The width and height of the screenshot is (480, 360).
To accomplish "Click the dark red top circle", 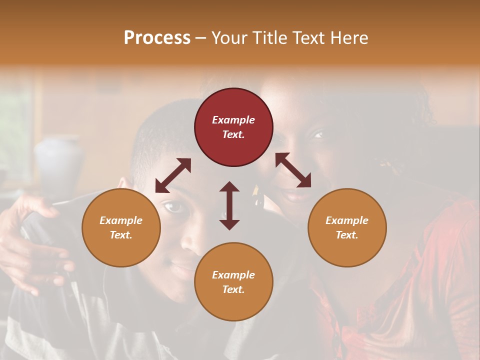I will click(233, 127).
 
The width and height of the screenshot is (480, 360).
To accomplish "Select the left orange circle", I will click(121, 227).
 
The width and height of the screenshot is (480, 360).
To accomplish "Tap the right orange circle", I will click(347, 227).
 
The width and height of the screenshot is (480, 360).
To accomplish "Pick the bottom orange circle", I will click(233, 281).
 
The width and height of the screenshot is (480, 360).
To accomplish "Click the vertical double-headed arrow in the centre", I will click(229, 205).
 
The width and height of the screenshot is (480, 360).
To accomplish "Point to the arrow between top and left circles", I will click(173, 175).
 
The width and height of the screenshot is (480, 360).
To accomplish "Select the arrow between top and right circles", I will click(293, 170).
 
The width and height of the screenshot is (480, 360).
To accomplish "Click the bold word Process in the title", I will click(157, 37).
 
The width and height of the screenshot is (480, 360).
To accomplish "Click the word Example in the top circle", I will click(233, 120).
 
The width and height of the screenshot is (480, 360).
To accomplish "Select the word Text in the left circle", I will click(121, 235).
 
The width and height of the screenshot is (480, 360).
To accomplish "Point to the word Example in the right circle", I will click(347, 220).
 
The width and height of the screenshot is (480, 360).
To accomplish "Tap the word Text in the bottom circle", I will click(233, 289).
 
